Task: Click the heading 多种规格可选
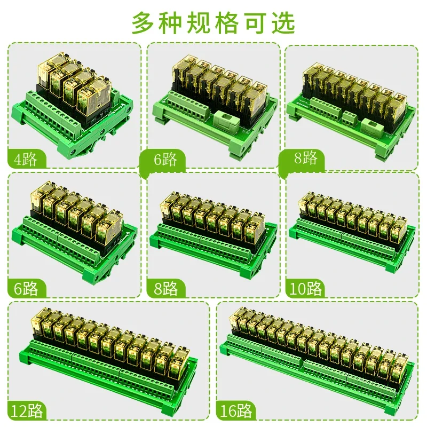[x=213, y=22]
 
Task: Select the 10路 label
[x=306, y=289]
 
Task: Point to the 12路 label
[x=27, y=412]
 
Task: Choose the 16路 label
[x=236, y=412]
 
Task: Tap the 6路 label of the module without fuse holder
[x=23, y=289]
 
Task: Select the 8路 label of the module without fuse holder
[x=164, y=289]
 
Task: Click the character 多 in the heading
[x=143, y=22]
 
